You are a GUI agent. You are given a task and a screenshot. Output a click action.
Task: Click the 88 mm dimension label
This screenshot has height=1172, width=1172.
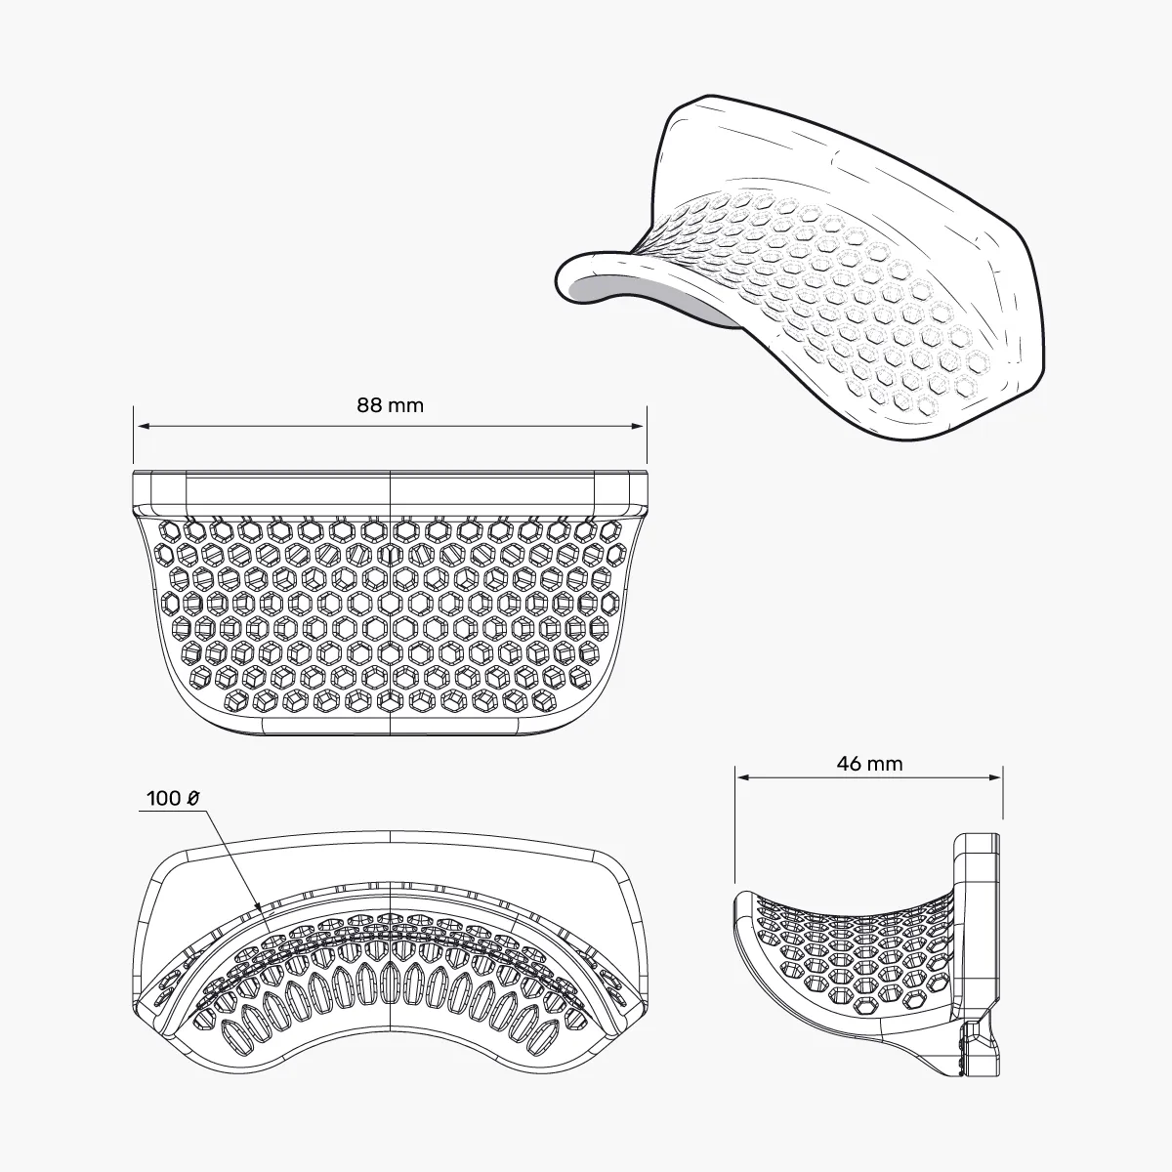(x=390, y=405)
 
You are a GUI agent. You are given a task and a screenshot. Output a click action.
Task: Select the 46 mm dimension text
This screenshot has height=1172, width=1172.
(x=869, y=764)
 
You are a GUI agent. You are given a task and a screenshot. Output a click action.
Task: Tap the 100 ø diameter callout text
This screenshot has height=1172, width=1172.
(x=173, y=798)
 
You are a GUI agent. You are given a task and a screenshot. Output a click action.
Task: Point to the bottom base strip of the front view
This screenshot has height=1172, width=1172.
(x=391, y=724)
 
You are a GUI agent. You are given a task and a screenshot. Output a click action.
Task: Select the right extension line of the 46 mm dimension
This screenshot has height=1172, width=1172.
(x=1003, y=791)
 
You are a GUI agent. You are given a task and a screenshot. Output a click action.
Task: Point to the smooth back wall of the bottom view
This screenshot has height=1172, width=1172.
(x=391, y=864)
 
